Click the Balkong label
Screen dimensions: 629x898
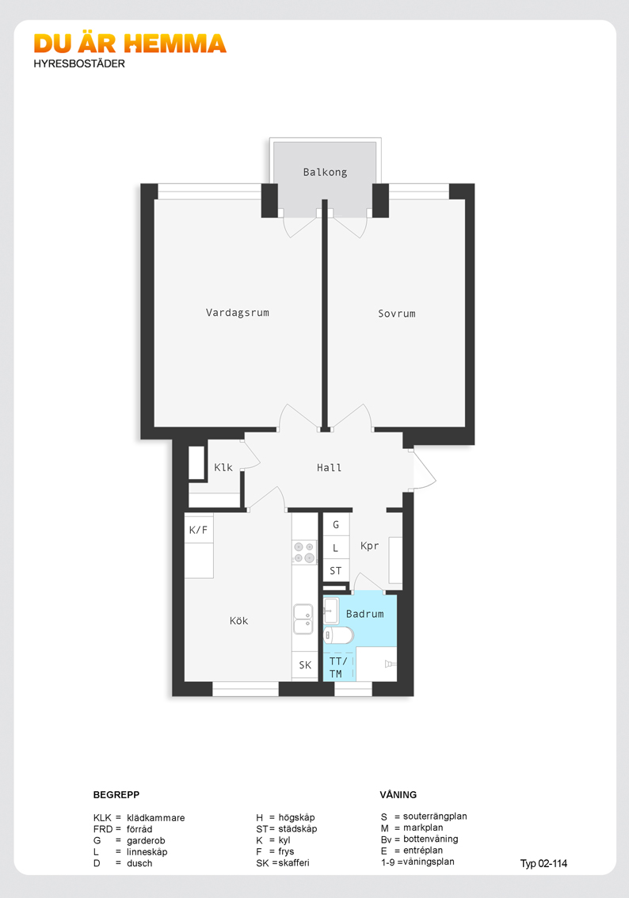pyautogui.click(x=325, y=172)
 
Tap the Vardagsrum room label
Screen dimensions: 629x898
pyautogui.click(x=237, y=313)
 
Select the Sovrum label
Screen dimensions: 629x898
pyautogui.click(x=396, y=314)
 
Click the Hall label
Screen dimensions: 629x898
pyautogui.click(x=329, y=468)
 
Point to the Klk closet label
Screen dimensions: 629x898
pyautogui.click(x=223, y=467)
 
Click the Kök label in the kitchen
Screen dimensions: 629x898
pyautogui.click(x=238, y=620)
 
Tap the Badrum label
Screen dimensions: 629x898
pyautogui.click(x=365, y=614)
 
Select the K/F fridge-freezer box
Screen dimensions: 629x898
pyautogui.click(x=199, y=530)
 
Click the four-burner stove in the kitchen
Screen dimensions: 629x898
pyautogui.click(x=304, y=552)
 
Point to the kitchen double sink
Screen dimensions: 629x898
pyautogui.click(x=303, y=619)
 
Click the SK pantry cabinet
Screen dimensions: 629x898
pyautogui.click(x=305, y=665)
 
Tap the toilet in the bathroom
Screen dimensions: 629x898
pyautogui.click(x=338, y=634)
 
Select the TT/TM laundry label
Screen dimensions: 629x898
pyautogui.click(x=338, y=668)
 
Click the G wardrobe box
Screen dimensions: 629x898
pyautogui.click(x=336, y=524)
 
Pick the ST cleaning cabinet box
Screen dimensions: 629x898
pyautogui.click(x=336, y=570)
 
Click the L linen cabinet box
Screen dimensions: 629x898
pyautogui.click(x=336, y=548)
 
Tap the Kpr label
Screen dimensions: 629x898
pyautogui.click(x=369, y=546)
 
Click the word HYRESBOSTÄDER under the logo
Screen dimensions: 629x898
pyautogui.click(x=79, y=63)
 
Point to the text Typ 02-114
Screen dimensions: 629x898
pyautogui.click(x=543, y=863)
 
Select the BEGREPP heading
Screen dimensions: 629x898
pyautogui.click(x=116, y=794)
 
